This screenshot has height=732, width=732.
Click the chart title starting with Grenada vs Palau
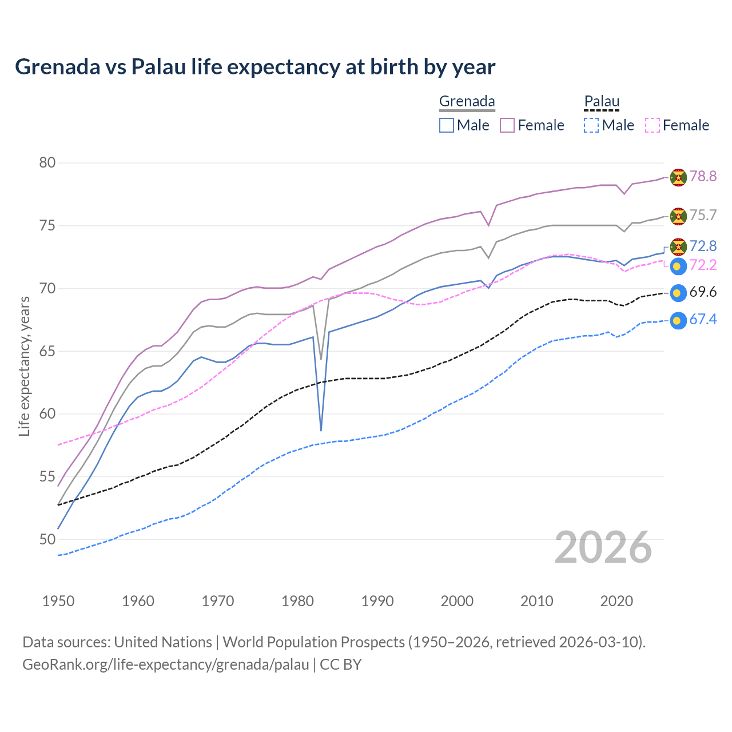255,67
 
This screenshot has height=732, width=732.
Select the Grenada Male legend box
447,125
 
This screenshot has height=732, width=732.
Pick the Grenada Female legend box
507,125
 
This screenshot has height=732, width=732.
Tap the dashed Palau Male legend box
591,125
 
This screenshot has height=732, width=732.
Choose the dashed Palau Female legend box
653,125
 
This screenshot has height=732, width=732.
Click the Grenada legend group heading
467,102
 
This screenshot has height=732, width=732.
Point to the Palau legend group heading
602,102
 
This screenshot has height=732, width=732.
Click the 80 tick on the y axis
47,163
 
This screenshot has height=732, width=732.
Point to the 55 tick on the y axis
47,477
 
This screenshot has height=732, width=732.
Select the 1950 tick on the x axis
58,601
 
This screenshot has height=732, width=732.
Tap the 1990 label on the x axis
377,601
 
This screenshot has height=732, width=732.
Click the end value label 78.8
703,177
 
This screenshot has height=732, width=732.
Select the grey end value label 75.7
703,216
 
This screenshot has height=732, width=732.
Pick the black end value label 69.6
703,292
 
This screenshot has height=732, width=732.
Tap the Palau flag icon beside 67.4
678,321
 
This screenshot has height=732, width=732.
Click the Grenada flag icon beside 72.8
678,247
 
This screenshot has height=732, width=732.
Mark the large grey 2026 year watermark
603,548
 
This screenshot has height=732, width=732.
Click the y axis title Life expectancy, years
25,366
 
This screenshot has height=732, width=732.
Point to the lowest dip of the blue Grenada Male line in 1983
321,430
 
